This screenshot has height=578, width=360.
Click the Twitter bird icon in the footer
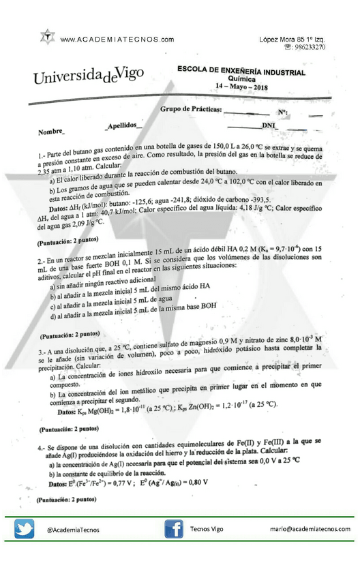click(25, 530)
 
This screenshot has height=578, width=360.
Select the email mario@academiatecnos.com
click(310, 530)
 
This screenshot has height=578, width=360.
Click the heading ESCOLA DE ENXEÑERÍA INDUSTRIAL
click(241, 71)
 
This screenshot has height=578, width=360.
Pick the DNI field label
click(270, 126)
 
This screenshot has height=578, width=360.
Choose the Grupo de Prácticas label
click(190, 110)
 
